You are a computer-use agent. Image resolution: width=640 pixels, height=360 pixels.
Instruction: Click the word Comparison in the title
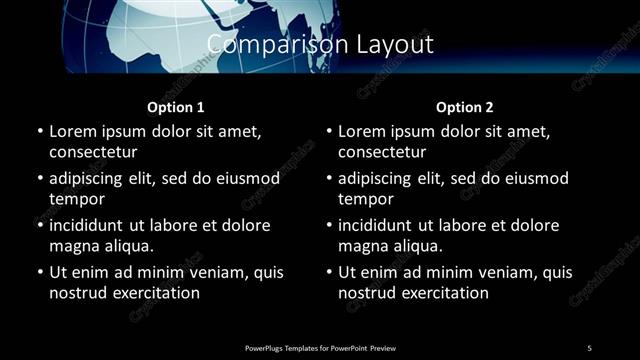tap(263, 44)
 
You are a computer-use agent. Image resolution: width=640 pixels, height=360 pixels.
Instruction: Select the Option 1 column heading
tap(176, 107)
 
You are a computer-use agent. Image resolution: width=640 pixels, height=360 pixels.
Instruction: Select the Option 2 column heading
tap(465, 107)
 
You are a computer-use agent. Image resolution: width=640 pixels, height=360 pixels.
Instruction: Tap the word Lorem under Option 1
tap(73, 131)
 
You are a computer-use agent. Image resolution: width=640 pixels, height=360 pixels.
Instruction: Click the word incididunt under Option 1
tap(94, 225)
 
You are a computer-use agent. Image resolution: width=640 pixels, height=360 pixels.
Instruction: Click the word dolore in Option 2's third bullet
tap(534, 225)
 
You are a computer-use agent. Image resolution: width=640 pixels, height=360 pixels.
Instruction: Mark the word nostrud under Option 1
tap(77, 293)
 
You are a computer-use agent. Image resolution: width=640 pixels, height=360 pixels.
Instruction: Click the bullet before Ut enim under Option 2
tap(330, 273)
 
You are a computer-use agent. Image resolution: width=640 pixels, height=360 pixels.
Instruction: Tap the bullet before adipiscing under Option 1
tap(40, 179)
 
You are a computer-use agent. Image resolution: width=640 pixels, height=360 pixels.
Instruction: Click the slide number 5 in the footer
tap(590, 347)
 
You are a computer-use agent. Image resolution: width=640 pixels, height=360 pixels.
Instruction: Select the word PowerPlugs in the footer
tap(265, 347)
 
